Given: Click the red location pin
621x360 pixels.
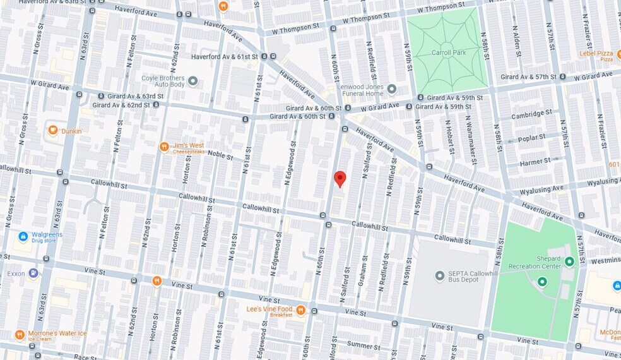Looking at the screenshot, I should [340, 179].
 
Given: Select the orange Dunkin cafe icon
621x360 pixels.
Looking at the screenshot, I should [53, 131].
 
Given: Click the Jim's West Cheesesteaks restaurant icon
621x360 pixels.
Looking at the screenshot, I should [164, 147].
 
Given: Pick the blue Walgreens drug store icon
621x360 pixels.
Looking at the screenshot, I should [23, 236].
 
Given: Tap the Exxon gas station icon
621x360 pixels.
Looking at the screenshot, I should [33, 273].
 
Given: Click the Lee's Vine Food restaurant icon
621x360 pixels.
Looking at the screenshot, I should [301, 310].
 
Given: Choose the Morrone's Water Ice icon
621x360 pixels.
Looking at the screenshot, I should [20, 334].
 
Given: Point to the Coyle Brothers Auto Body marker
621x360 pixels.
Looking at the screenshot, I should [193, 81].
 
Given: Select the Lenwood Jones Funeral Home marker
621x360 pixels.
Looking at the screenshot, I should [391, 89].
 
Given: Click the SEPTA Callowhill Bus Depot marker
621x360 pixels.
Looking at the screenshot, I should [440, 276].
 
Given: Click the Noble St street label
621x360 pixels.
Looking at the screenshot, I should [221, 153].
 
